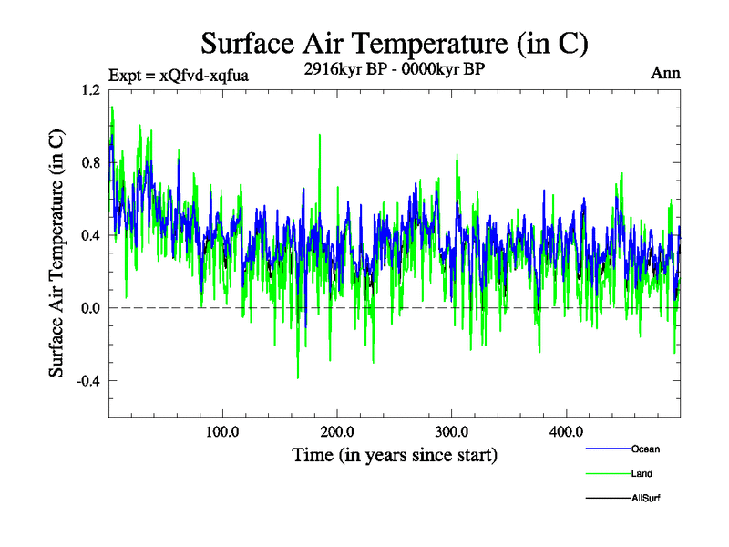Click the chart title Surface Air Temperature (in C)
(x=395, y=43)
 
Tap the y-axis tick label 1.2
(x=91, y=90)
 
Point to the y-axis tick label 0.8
(x=91, y=163)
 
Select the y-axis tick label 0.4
(x=91, y=235)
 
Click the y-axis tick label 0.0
(x=91, y=308)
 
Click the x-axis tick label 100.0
(x=222, y=431)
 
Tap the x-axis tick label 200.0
(x=337, y=431)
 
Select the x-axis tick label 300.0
(x=452, y=431)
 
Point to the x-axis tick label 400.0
(x=567, y=431)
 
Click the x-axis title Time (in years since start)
(x=395, y=455)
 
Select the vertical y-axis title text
(x=56, y=253)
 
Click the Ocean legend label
(x=645, y=449)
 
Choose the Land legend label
(x=642, y=473)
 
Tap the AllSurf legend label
(x=645, y=498)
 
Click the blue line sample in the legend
(x=607, y=449)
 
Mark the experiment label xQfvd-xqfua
(x=178, y=75)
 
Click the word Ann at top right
(x=665, y=73)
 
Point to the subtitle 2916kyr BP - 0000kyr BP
(x=395, y=68)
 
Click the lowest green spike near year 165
(x=298, y=377)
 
